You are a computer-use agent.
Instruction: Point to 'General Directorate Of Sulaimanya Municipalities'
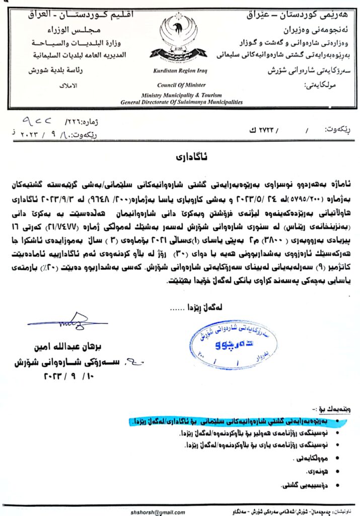[181, 102]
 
